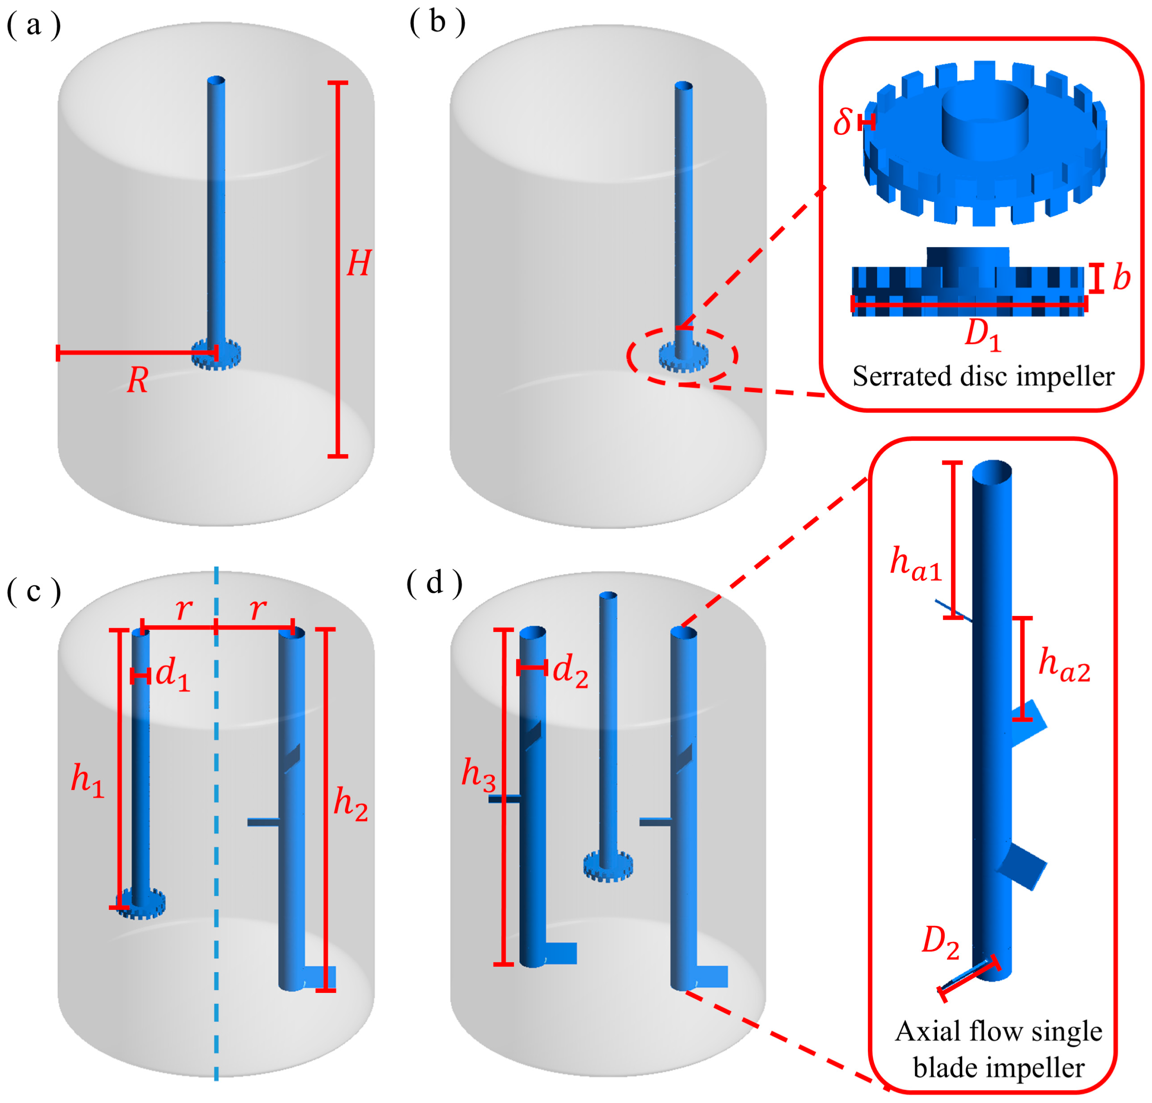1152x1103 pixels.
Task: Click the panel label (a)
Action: pos(33,26)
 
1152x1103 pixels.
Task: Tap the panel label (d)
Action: pos(435,583)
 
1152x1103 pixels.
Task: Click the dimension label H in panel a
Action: pos(359,263)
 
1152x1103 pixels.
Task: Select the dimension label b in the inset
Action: pos(1121,277)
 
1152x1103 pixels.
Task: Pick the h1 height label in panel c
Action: pos(87,781)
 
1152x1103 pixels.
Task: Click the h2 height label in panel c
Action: pos(350,804)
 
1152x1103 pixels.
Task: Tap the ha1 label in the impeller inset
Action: pos(916,564)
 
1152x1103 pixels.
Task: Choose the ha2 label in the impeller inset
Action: pos(1064,666)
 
